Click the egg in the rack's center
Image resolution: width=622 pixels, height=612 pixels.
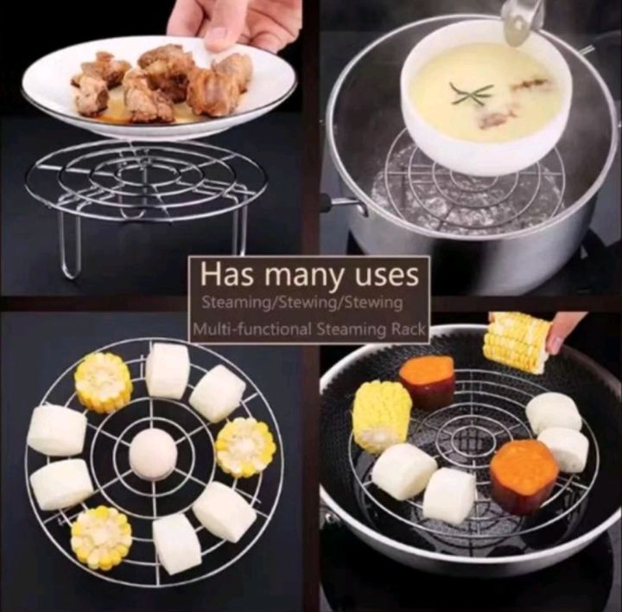[x=152, y=454]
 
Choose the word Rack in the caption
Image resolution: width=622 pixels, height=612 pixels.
[x=406, y=329]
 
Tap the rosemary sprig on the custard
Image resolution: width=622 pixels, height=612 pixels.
[x=471, y=93]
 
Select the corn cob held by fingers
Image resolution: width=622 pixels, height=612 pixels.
[x=517, y=341]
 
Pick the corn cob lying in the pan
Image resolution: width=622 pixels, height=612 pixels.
[x=381, y=414]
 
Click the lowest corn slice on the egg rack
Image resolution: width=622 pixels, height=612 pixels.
[x=101, y=536]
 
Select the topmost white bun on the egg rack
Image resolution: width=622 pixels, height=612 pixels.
[x=168, y=370]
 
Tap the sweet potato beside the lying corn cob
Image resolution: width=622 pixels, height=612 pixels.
[x=427, y=381]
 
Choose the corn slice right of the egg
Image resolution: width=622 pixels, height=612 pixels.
[x=246, y=446]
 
